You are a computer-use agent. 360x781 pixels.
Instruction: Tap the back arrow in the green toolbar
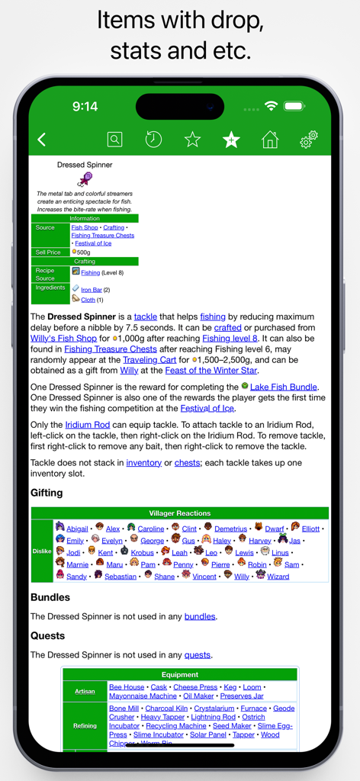click(x=42, y=139)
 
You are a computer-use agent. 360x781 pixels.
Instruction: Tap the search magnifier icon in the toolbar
click(x=114, y=140)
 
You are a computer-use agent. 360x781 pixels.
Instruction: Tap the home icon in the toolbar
click(x=269, y=140)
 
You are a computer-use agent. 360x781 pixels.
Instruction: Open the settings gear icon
click(x=308, y=140)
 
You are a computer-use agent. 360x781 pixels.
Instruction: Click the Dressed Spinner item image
click(x=85, y=180)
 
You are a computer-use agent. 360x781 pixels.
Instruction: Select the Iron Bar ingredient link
click(x=92, y=290)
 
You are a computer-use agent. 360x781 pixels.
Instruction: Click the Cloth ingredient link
click(x=88, y=300)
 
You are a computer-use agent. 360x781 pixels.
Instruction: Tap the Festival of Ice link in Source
click(x=94, y=243)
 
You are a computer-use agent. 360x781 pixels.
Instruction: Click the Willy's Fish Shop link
click(x=63, y=338)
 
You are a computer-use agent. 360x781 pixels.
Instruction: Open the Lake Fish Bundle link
click(x=284, y=387)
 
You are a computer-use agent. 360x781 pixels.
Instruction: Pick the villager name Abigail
click(x=77, y=529)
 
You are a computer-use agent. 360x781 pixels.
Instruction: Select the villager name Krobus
click(x=142, y=552)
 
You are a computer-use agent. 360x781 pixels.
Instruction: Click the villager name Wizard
click(x=278, y=577)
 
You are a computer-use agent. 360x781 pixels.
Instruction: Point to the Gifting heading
click(x=47, y=493)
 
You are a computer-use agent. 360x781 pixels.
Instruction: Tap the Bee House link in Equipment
click(x=127, y=687)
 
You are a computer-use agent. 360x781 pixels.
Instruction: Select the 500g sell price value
click(x=83, y=252)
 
